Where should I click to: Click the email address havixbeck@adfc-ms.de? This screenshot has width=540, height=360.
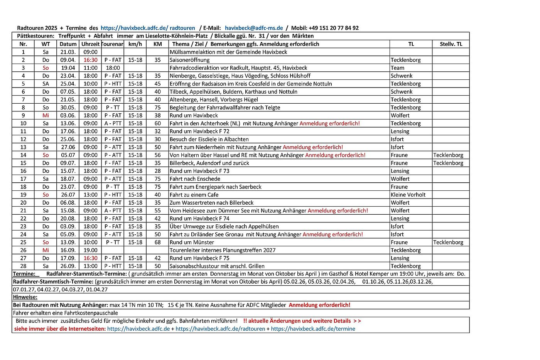tap(254, 28)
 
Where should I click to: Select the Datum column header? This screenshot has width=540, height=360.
tap(68, 44)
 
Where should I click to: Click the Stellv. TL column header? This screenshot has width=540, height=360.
tap(451, 44)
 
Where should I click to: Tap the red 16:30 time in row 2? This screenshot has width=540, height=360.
tap(91, 60)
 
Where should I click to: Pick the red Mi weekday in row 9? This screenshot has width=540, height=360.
tap(46, 115)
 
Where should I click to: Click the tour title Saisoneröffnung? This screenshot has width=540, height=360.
tap(190, 60)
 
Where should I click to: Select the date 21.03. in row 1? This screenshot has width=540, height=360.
tap(68, 52)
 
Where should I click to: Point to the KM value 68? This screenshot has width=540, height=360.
tap(157, 242)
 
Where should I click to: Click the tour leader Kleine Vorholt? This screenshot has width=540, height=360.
tap(408, 195)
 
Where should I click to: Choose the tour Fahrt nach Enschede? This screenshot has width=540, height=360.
tap(195, 179)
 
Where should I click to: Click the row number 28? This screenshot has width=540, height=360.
tap(23, 266)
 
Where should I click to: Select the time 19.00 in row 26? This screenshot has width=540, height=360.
tap(91, 250)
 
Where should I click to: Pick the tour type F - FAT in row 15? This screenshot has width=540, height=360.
tap(113, 163)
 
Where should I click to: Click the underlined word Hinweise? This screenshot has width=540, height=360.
tap(25, 297)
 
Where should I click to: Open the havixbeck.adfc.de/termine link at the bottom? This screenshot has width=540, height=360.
tap(313, 329)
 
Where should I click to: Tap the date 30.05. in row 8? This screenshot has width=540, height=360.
tap(68, 108)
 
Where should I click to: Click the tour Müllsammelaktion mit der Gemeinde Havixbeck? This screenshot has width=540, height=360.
tap(228, 52)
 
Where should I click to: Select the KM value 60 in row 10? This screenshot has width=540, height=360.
tap(157, 123)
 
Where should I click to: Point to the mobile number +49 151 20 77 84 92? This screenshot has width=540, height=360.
tap(333, 28)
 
